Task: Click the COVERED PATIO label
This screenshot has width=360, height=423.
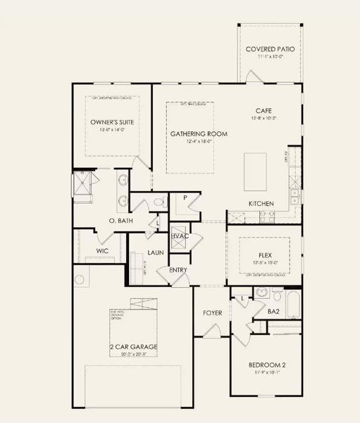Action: click(271, 49)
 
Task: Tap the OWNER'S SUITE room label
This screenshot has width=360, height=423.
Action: click(112, 122)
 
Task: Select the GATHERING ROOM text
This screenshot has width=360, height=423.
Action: click(190, 133)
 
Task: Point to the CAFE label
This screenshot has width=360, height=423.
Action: click(263, 111)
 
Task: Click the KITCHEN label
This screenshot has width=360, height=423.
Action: click(261, 204)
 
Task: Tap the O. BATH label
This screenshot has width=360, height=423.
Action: click(102, 221)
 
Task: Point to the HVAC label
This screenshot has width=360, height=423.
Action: click(180, 235)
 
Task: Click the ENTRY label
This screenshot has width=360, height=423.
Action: click(178, 270)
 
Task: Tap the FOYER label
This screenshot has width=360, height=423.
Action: click(212, 312)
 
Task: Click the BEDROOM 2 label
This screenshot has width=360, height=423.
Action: click(266, 364)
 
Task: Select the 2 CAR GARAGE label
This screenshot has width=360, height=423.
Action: click(133, 348)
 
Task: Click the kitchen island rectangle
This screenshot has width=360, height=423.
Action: click(256, 171)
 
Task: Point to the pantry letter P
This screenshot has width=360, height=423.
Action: click(184, 198)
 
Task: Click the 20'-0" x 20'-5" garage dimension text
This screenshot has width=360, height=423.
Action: click(133, 355)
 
